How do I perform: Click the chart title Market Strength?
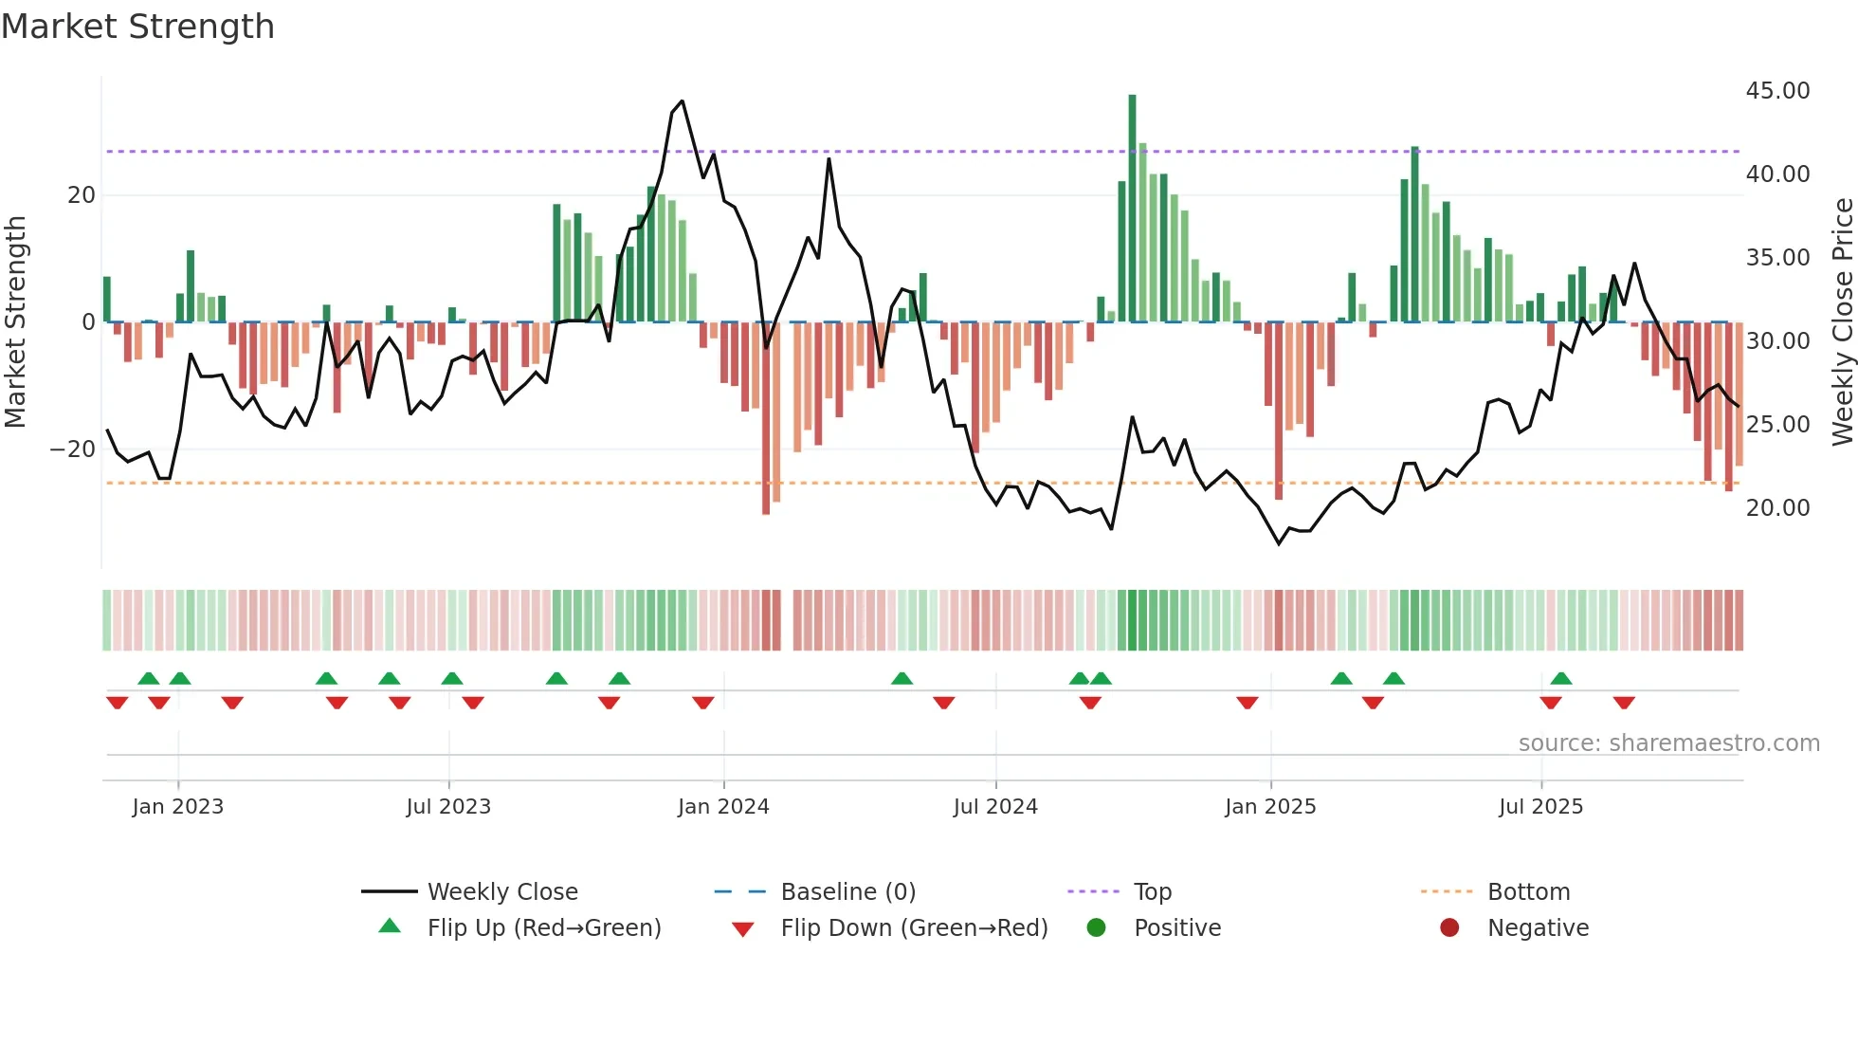(x=137, y=27)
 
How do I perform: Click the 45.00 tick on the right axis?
(x=1777, y=91)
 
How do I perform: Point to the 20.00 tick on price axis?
(x=1777, y=508)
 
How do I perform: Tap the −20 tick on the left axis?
(x=73, y=449)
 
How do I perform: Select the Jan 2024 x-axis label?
(x=723, y=807)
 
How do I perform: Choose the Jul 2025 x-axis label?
(x=1540, y=807)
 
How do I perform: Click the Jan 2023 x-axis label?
(x=177, y=807)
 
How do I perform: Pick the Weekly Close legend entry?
(x=501, y=892)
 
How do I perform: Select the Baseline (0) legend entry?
(x=847, y=892)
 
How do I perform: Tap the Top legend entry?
(x=1152, y=892)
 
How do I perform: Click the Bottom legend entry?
(x=1528, y=892)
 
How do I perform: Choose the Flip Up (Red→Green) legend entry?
(x=543, y=928)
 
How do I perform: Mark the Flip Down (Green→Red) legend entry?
(x=914, y=928)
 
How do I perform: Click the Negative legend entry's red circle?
(x=1449, y=928)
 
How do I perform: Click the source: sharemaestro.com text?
(x=1668, y=743)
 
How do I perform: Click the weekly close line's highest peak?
(x=682, y=101)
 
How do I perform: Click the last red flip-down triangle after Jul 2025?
(x=1624, y=703)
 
